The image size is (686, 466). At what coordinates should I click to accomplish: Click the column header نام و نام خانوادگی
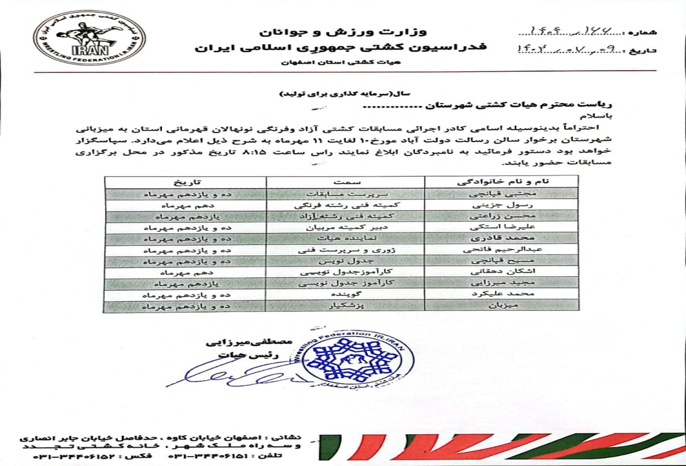coord(501,181)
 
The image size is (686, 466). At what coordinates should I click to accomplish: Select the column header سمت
coord(345,181)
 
